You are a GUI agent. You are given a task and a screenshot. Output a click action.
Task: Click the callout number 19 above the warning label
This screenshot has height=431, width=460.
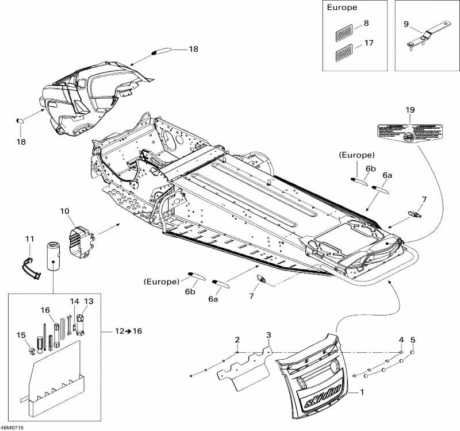(x=409, y=109)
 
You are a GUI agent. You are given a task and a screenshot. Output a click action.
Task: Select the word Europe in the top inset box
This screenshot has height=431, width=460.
(x=342, y=8)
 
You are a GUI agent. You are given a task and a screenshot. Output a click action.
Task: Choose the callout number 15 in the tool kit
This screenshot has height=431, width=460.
(x=21, y=335)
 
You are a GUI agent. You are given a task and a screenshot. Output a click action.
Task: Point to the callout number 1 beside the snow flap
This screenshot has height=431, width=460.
(x=362, y=393)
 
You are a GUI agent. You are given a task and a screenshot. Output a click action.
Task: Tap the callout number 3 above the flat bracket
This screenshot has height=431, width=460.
(x=268, y=334)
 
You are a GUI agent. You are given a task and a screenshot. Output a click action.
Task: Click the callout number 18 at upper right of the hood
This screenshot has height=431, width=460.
(x=193, y=49)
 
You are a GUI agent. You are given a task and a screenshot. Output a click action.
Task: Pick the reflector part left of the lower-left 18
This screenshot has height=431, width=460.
(x=18, y=120)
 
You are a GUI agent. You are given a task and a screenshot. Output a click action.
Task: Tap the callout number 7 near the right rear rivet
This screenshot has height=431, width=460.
(x=424, y=199)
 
